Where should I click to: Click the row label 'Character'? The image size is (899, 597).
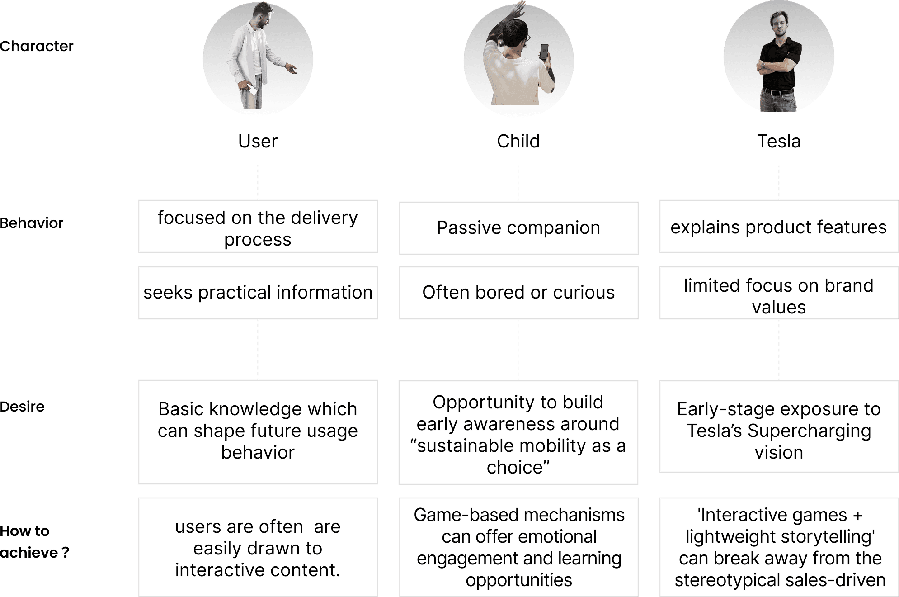pos(37,46)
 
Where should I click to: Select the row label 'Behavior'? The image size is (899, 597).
pos(32,223)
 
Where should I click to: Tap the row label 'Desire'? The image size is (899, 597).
pos(23,407)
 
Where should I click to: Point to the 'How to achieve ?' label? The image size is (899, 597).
pos(34,541)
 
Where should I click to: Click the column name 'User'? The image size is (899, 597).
pos(258,142)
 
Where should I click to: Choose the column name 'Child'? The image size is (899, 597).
pos(518,142)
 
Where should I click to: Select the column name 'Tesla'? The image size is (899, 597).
pos(778,142)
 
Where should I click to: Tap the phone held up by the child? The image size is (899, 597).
pos(544,52)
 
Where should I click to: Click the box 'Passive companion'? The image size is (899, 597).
pos(518,228)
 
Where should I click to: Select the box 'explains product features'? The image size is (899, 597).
pos(778,227)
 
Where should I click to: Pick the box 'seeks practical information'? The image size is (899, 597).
pos(258,293)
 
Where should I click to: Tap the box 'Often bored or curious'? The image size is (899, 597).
pos(518,293)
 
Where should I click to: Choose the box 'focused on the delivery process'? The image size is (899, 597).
pos(258,228)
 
